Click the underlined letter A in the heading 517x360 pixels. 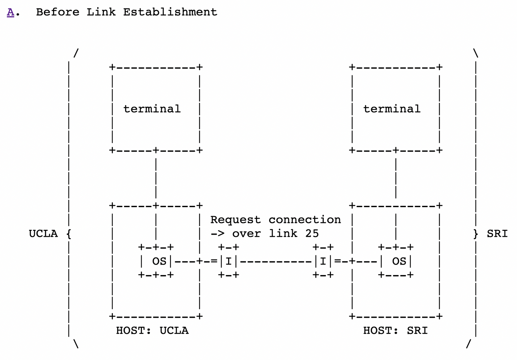(10, 12)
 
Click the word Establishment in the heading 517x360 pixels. (170, 12)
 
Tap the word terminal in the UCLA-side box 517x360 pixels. (152, 109)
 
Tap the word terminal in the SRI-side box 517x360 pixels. (392, 109)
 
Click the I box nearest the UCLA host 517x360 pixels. (228, 261)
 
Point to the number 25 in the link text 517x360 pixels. (312, 233)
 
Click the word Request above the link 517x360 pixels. (235, 220)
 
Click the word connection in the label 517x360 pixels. (304, 220)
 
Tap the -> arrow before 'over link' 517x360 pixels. (217, 233)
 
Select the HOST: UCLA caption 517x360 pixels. (152, 331)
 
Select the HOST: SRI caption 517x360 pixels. (395, 331)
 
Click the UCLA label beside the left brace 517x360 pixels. (43, 234)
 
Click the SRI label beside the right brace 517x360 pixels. (497, 234)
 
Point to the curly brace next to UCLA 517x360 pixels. (69, 234)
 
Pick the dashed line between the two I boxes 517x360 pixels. (276, 261)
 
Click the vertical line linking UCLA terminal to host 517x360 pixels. (156, 178)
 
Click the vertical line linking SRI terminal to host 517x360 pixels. (396, 178)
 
